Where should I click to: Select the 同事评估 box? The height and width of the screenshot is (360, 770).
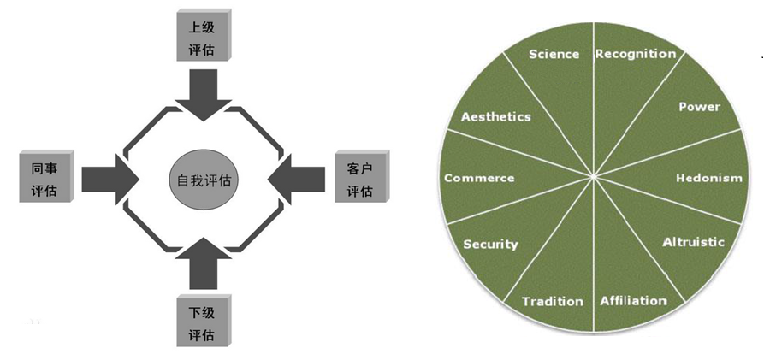44,179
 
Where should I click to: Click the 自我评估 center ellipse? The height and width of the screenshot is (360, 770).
203,181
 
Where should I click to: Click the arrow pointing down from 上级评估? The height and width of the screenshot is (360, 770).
204,93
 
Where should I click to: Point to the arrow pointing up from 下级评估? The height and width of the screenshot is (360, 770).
203,264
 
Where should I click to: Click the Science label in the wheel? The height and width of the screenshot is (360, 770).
554,54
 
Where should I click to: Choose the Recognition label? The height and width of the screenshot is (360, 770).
635,54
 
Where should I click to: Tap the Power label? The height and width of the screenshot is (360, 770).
699,107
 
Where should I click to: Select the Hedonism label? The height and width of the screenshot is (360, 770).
708,178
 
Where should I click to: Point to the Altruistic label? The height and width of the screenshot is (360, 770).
693,242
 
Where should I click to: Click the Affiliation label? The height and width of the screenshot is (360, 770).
633,300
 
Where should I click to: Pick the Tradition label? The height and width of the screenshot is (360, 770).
552,301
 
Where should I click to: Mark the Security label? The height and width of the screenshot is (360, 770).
490,244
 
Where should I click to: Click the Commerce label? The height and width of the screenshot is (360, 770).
479,178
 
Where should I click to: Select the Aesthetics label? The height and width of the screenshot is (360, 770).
495,116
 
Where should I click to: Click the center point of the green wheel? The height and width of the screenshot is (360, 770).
594,177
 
